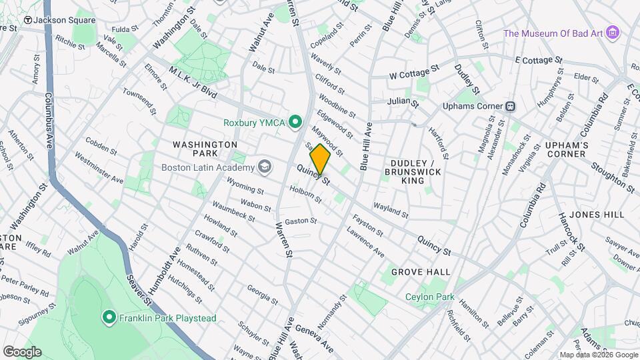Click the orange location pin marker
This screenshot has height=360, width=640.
(x=320, y=159)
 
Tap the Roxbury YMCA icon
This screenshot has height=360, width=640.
(x=297, y=122)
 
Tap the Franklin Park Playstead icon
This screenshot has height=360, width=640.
(x=109, y=318)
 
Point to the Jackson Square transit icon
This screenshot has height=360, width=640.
(x=27, y=20)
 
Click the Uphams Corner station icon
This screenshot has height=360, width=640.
(x=510, y=106)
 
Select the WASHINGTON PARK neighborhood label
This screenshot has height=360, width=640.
(x=205, y=149)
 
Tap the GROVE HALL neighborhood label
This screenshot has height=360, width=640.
(x=420, y=272)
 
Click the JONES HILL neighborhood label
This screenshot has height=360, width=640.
(x=597, y=214)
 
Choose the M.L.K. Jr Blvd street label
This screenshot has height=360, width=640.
(x=193, y=83)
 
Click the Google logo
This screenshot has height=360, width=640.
(x=22, y=351)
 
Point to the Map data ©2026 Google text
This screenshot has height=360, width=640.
(x=599, y=355)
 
